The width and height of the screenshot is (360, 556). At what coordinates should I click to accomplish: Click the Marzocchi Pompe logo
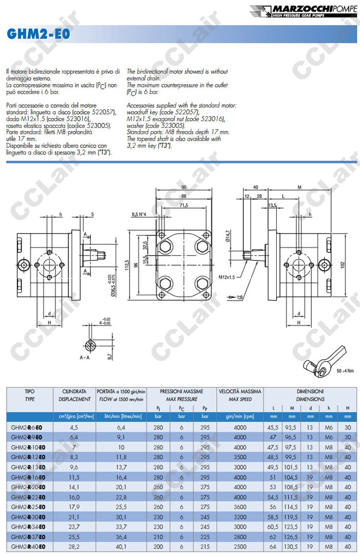coord(303,11)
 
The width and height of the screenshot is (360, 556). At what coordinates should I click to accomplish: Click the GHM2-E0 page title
coord(39,34)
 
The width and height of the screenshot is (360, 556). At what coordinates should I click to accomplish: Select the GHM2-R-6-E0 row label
coord(28,427)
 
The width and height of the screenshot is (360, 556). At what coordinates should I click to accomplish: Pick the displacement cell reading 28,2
coord(74,547)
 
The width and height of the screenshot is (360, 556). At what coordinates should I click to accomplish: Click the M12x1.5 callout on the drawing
coord(227,277)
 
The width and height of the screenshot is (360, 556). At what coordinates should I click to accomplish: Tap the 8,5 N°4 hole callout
coord(142,214)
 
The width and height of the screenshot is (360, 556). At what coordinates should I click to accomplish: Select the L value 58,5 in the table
coord(273,517)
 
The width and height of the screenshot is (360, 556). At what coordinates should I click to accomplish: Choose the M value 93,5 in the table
coord(292,427)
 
